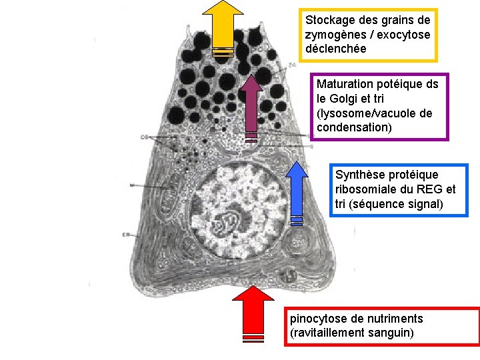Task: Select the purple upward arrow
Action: [x=251, y=107]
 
